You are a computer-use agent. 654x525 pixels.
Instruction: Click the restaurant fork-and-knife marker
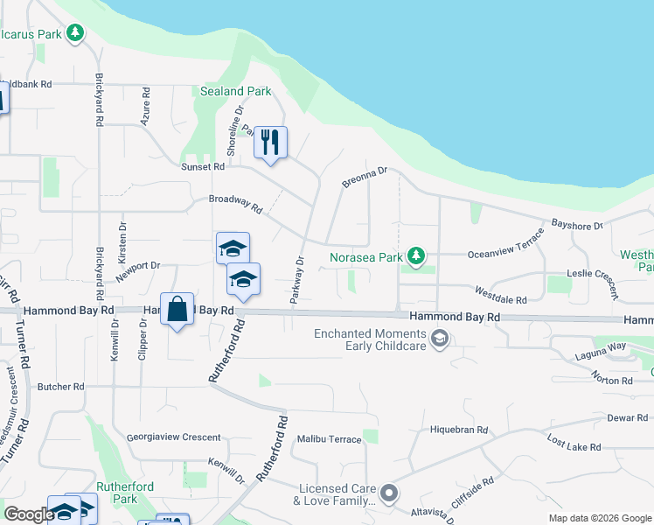click(x=270, y=143)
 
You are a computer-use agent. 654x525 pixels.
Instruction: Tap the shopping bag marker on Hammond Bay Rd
click(x=177, y=310)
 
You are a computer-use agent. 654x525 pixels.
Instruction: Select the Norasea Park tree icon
click(x=418, y=256)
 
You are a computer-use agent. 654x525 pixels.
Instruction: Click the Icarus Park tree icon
click(x=76, y=33)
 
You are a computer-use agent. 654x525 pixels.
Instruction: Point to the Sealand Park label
click(x=235, y=91)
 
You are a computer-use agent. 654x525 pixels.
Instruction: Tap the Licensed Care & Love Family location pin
click(x=389, y=494)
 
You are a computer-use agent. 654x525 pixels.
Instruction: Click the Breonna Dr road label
click(x=365, y=177)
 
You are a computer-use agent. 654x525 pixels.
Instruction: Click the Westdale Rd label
click(x=500, y=294)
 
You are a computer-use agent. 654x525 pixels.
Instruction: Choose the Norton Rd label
click(x=612, y=381)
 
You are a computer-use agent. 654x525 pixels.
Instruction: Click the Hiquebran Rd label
click(x=458, y=430)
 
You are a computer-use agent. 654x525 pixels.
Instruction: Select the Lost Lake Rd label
click(x=574, y=442)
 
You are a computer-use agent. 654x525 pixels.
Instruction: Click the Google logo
click(x=29, y=514)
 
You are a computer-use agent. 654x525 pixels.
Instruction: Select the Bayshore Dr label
click(x=577, y=225)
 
